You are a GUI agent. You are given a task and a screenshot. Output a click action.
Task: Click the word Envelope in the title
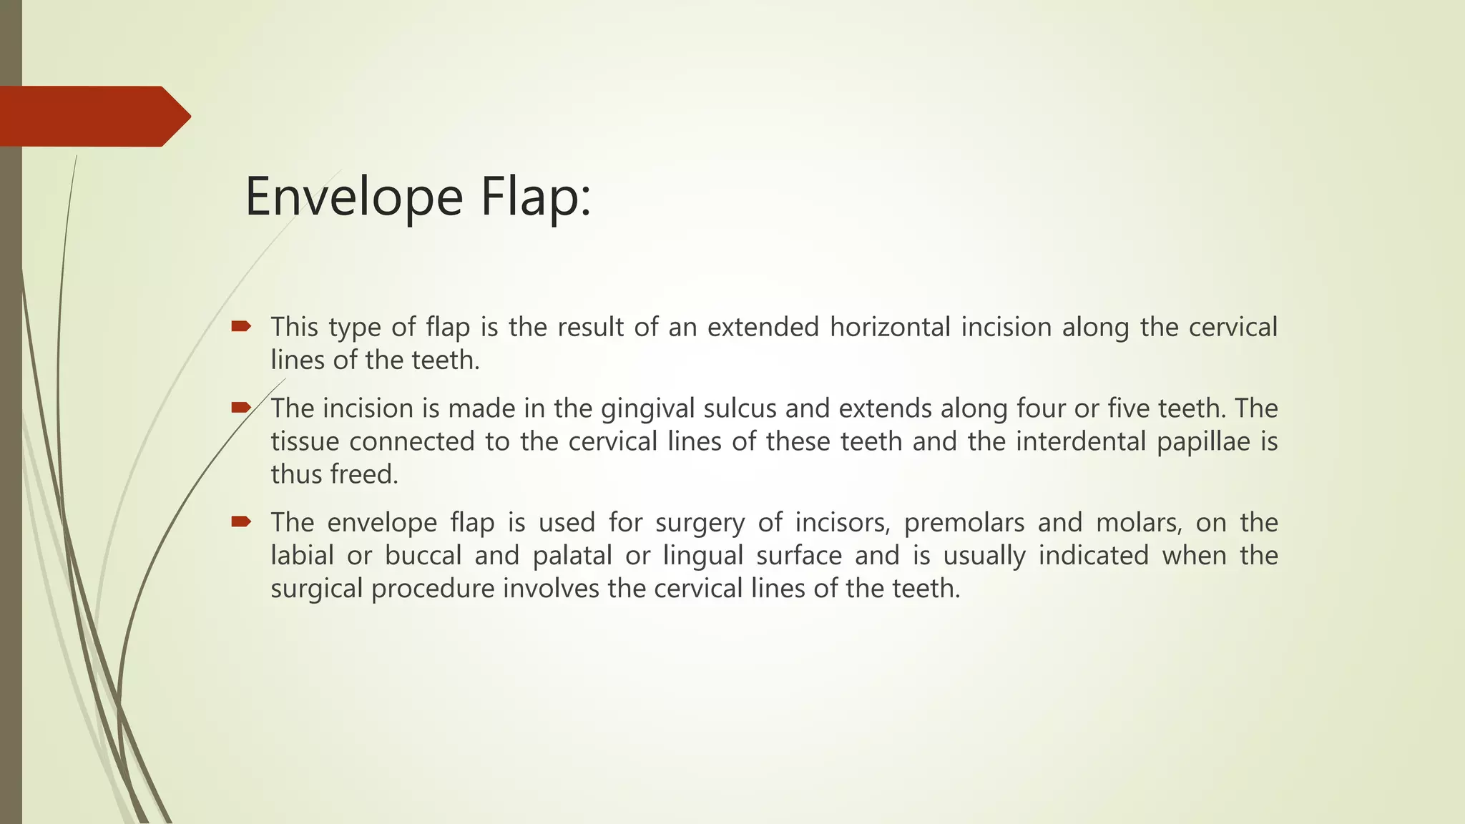coord(354,197)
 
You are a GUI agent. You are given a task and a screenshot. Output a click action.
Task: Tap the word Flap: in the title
coord(536,197)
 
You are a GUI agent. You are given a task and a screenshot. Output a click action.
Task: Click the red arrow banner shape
coord(93,116)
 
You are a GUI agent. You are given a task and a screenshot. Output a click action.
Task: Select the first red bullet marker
coord(240,327)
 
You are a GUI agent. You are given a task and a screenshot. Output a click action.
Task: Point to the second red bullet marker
coord(240,408)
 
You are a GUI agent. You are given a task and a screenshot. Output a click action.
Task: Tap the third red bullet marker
coord(240,522)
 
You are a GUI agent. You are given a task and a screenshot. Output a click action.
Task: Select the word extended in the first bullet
coord(763,327)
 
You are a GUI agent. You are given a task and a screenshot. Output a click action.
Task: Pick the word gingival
coord(648,408)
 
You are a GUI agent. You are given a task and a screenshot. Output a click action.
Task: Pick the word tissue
coord(305,441)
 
